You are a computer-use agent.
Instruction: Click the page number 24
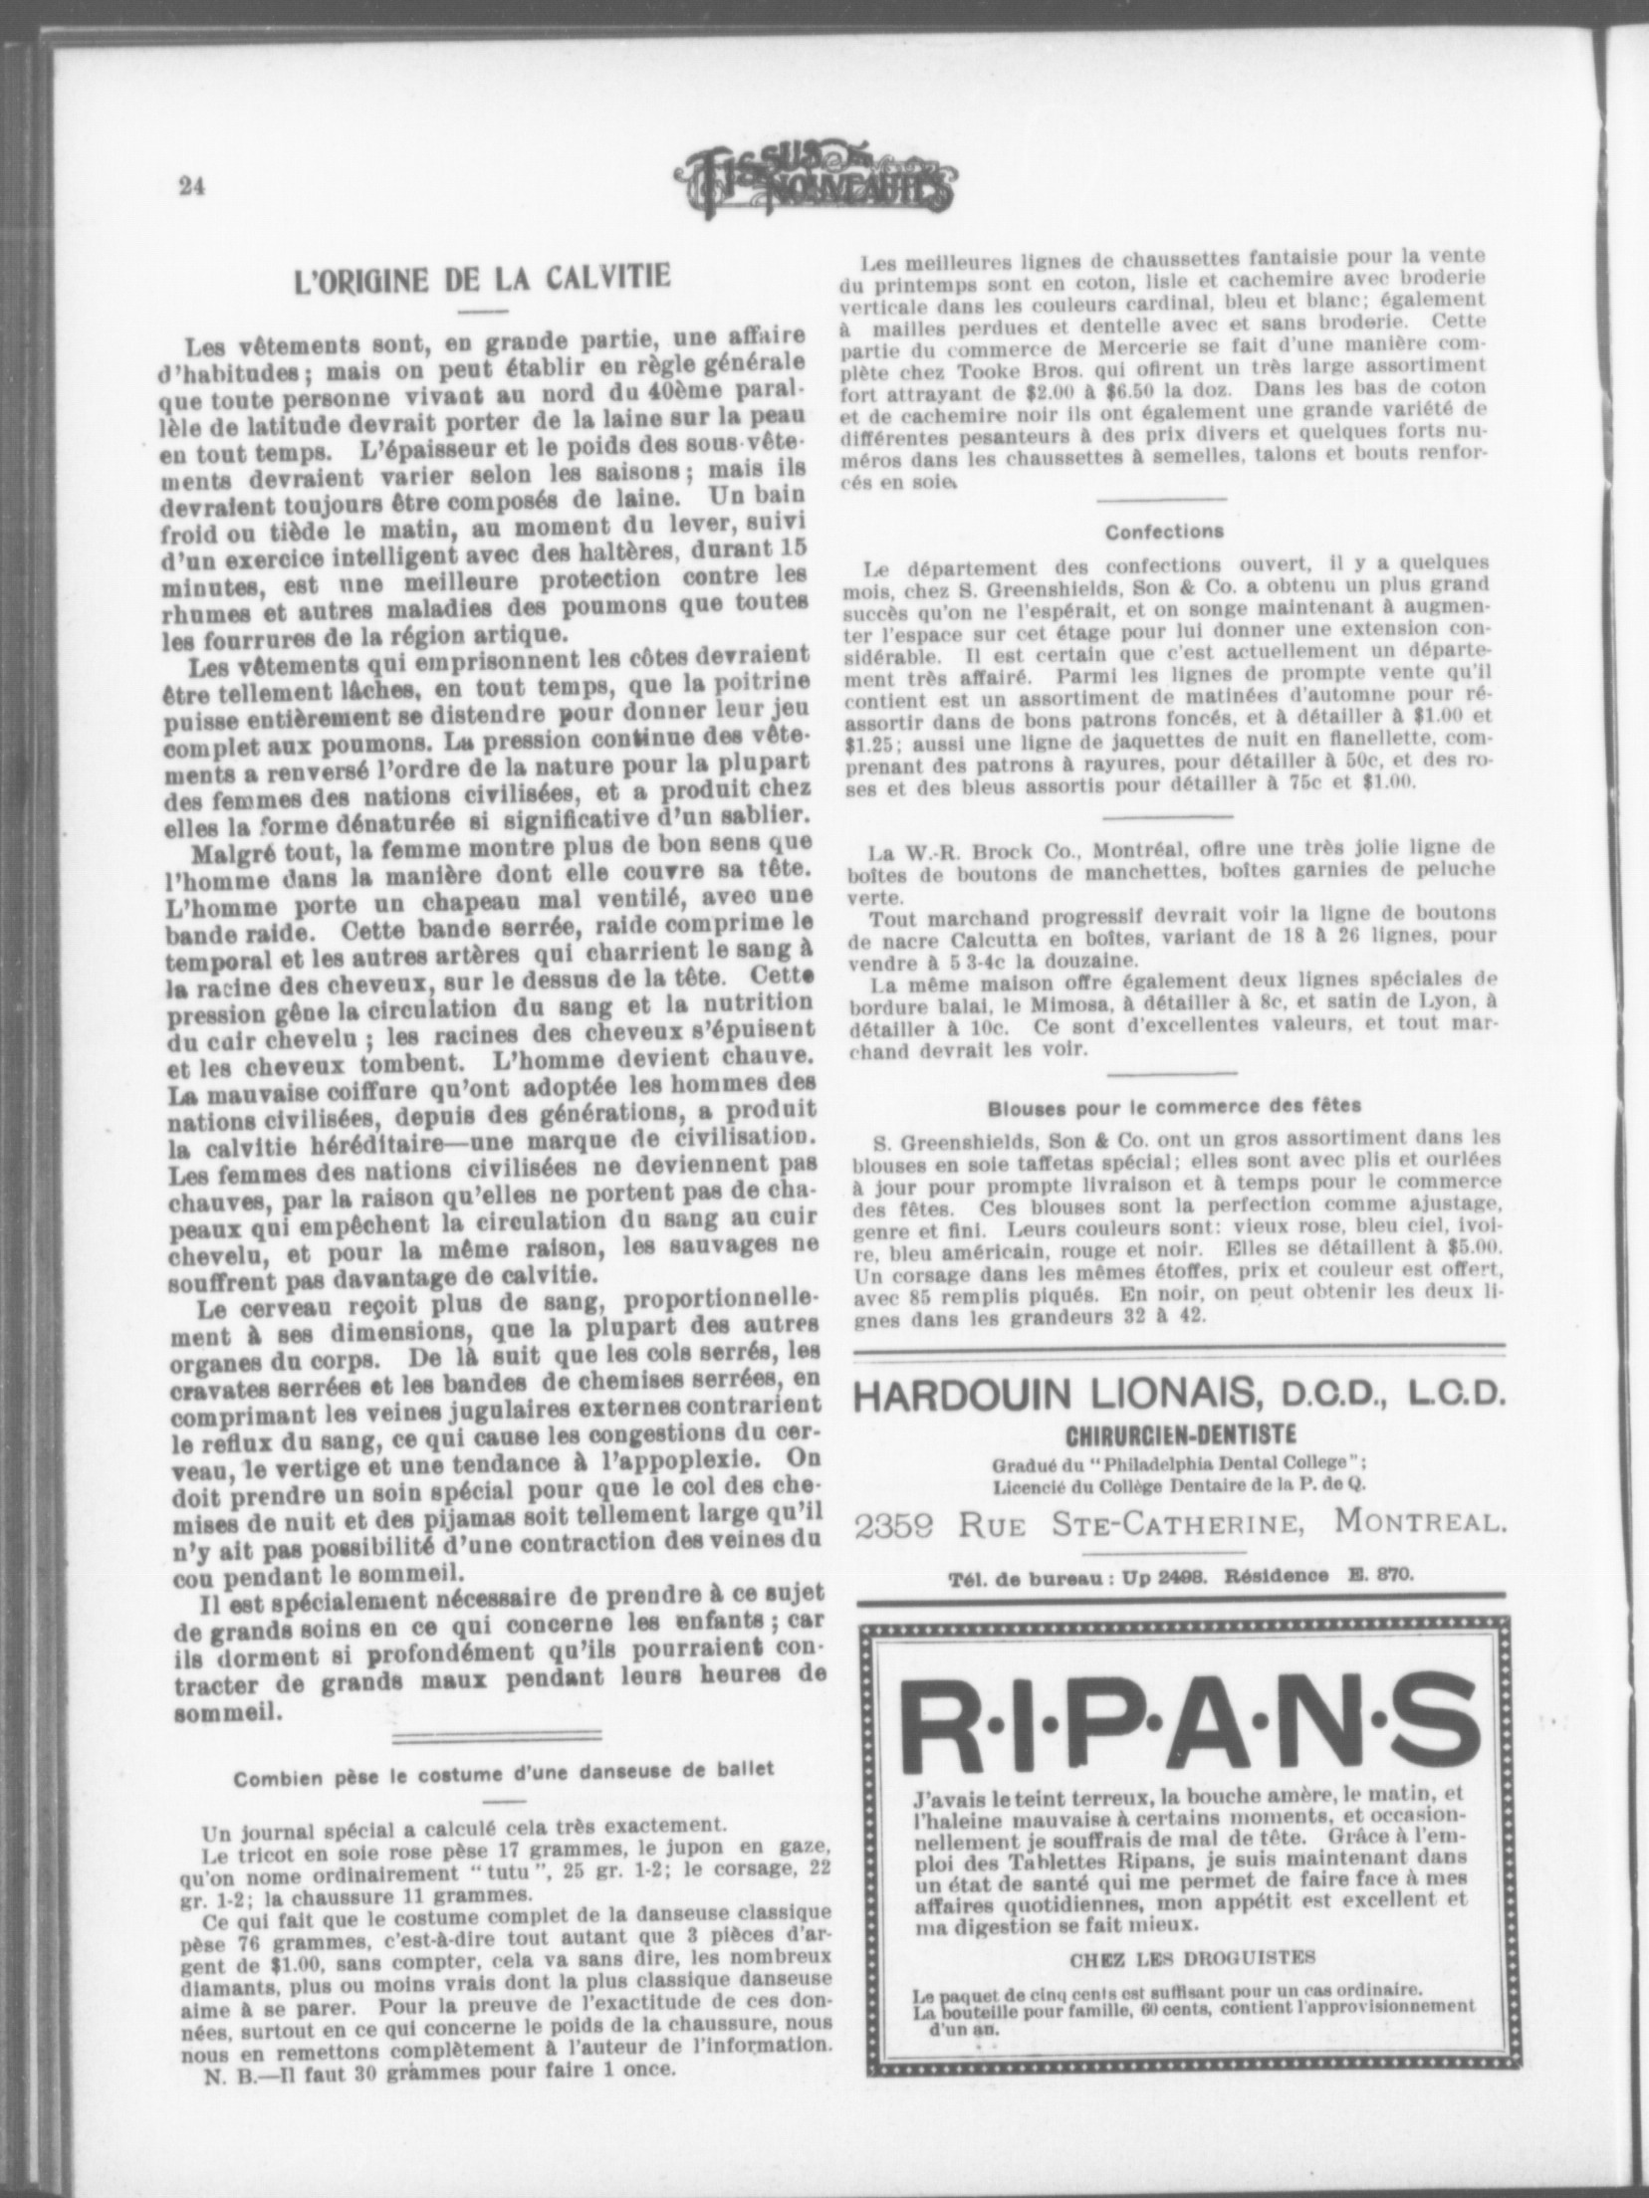click(x=190, y=186)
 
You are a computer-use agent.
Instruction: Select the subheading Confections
click(x=1163, y=533)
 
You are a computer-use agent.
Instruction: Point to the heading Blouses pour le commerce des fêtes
click(x=1174, y=1106)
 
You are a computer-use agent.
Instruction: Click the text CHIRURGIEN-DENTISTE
click(x=1180, y=1435)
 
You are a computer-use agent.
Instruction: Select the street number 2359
click(x=902, y=1524)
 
